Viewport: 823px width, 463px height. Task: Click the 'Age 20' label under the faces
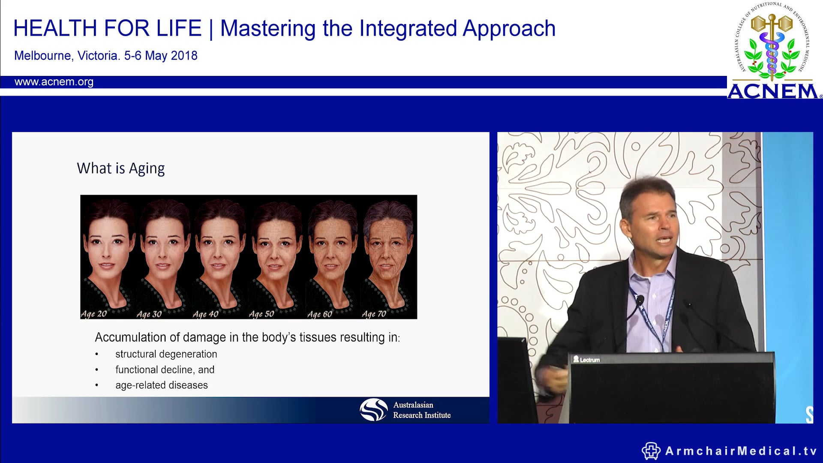pos(93,314)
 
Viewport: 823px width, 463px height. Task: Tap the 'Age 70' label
pos(374,314)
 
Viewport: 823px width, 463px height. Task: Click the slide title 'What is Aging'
pos(120,168)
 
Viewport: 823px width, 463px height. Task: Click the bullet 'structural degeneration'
pos(166,354)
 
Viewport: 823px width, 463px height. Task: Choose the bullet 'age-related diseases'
pos(161,385)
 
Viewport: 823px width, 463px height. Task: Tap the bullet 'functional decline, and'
pos(165,370)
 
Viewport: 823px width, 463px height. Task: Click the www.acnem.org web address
pos(54,82)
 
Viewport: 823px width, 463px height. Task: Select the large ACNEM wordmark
pos(773,91)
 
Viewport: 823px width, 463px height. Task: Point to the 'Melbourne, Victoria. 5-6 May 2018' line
pos(105,56)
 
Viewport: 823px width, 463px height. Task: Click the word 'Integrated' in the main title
pos(408,29)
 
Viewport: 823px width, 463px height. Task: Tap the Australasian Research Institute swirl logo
pos(373,409)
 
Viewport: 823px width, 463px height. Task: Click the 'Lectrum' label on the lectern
pos(587,360)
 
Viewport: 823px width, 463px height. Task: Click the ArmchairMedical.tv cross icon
pos(651,451)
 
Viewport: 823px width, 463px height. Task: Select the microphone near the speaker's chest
pos(640,300)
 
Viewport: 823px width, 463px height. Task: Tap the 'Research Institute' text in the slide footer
pos(422,415)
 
